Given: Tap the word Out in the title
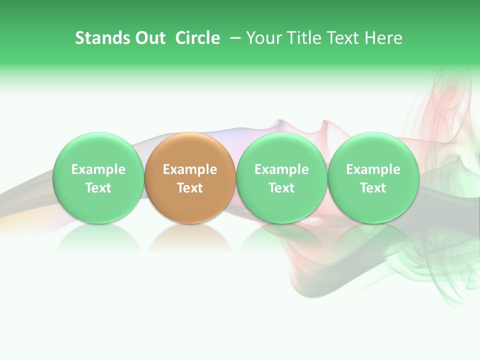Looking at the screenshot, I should coord(148,38).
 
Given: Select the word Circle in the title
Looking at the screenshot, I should coord(197,38).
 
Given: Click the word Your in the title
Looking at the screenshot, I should coord(262,38).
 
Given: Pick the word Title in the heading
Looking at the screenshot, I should coord(299,38).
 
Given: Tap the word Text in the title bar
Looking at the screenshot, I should coord(339,38).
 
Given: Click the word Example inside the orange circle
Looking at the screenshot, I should coord(190,169).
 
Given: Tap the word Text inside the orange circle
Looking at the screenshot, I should coord(190,188).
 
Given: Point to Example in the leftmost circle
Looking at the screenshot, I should coord(98,169).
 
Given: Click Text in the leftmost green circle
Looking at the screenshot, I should coord(98,188).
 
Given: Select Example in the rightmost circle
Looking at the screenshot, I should coord(373,169).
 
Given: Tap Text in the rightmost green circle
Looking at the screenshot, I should coord(373,188).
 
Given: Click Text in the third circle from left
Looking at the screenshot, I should coord(281,188).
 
